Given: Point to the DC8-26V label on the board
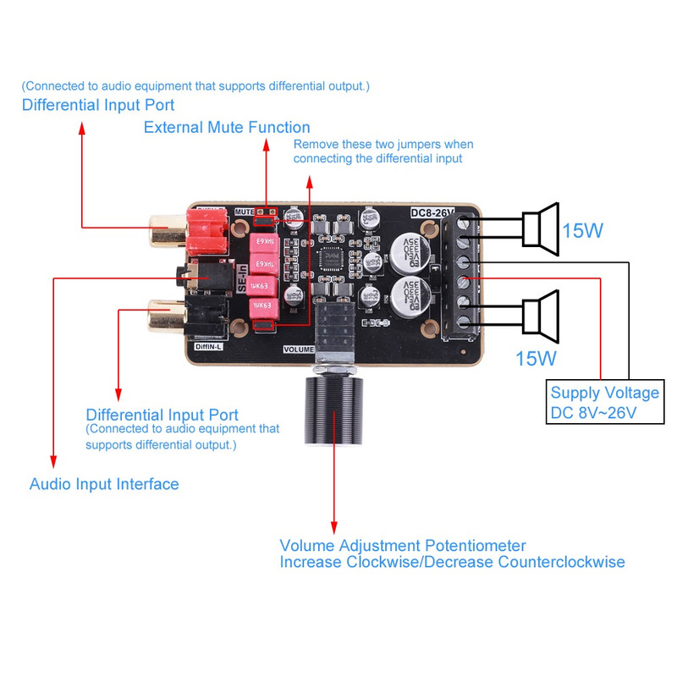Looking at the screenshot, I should [432, 212].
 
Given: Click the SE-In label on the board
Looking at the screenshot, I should [242, 279].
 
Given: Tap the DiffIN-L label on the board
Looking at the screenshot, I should [209, 346].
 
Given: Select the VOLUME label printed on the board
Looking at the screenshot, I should [298, 347].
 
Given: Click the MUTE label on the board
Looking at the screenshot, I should [244, 211].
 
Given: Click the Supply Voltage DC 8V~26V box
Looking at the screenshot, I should [604, 403].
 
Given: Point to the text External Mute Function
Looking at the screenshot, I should [227, 128].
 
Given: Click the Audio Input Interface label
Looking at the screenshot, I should [104, 485].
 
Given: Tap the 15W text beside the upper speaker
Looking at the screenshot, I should [583, 229].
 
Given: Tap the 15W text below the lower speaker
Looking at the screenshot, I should [537, 358].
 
